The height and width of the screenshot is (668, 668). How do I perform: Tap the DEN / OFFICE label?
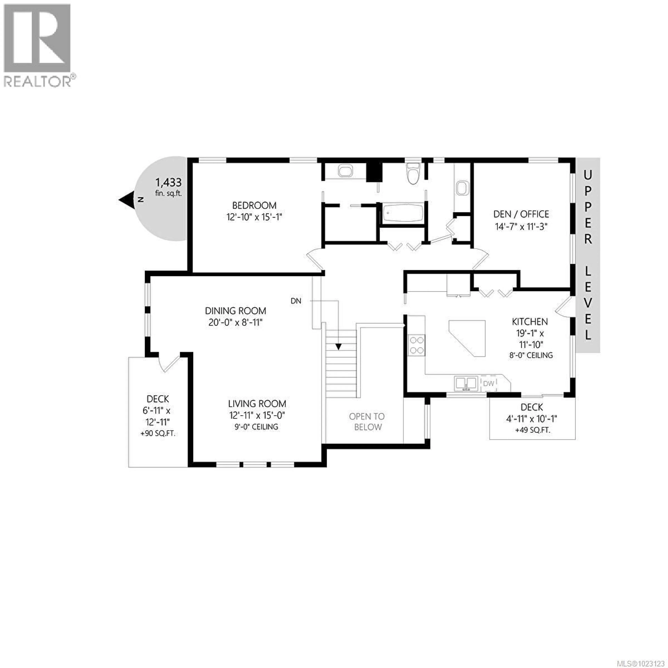(x=521, y=214)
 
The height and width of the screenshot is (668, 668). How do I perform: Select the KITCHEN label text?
(x=530, y=322)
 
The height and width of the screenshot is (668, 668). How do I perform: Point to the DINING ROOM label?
(x=236, y=311)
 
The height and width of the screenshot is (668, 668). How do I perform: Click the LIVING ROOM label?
(x=257, y=404)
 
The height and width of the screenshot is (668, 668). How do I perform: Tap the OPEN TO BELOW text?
(x=367, y=422)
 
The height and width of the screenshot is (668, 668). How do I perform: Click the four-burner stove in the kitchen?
(x=417, y=345)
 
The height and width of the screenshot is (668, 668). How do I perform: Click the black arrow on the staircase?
(x=338, y=347)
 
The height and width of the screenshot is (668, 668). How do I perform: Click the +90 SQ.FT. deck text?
(x=158, y=434)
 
